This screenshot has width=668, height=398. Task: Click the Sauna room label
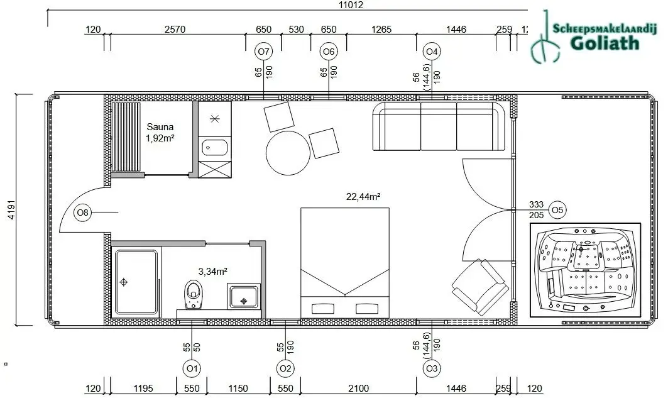(160, 126)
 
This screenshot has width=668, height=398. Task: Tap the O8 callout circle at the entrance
(83, 213)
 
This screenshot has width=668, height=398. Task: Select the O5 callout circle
(557, 209)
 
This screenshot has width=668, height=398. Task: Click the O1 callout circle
(192, 368)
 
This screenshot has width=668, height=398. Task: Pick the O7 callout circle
(263, 51)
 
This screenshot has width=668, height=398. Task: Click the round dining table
(288, 154)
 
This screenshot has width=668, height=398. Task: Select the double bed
(344, 262)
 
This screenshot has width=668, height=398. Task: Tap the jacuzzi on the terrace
(585, 270)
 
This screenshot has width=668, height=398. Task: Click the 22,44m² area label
(363, 196)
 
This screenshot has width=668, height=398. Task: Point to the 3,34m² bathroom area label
(212, 272)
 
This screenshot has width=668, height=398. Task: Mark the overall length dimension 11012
(351, 5)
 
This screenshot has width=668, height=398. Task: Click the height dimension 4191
(11, 210)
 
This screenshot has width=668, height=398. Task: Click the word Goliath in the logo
(605, 43)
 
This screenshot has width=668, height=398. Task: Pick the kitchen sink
(215, 148)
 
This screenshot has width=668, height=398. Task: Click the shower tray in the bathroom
(136, 282)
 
